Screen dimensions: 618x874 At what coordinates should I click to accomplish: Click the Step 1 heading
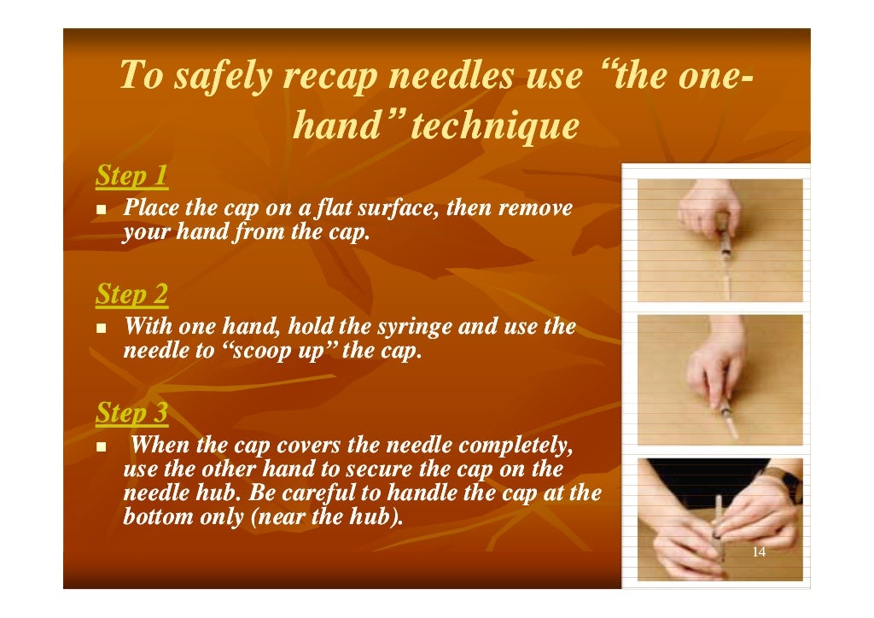tap(131, 177)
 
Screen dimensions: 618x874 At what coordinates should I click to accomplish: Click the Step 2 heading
tap(131, 295)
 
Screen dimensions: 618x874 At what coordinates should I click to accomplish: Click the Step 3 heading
tap(131, 414)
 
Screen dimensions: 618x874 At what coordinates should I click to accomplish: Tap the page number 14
tap(759, 552)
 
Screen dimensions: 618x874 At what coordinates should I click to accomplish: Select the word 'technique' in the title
tap(495, 127)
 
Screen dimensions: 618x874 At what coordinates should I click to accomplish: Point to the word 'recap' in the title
tap(332, 77)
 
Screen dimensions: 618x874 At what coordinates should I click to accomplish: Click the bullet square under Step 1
tap(102, 210)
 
